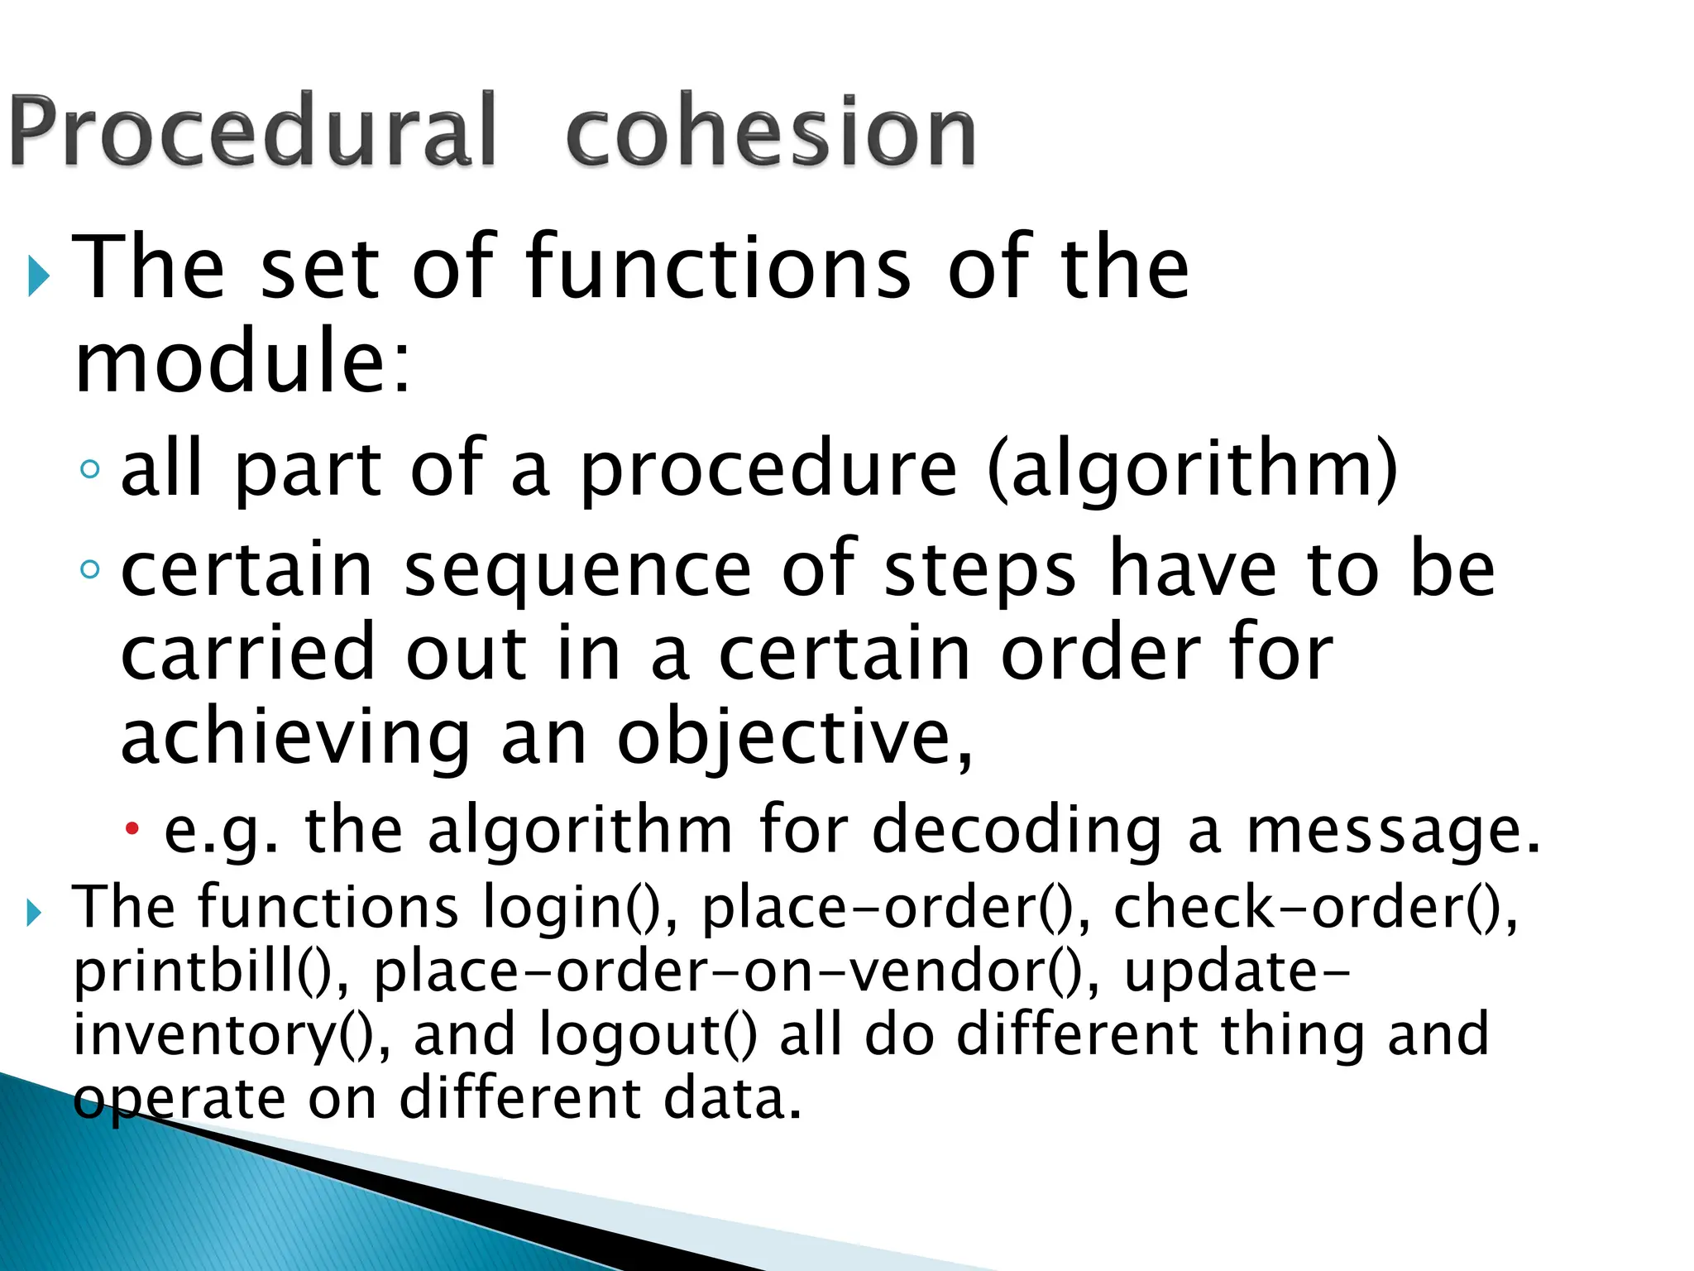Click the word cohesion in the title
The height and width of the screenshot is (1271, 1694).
771,132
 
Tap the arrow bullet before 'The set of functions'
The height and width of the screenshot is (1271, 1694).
38,276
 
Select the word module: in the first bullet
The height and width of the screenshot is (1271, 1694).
242,362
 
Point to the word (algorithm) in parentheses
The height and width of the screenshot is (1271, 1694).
1192,470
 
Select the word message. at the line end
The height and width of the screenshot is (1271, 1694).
1393,830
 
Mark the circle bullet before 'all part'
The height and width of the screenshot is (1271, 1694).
90,470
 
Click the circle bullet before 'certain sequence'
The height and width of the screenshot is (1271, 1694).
90,569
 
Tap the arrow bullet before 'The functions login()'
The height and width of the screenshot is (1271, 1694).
34,913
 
